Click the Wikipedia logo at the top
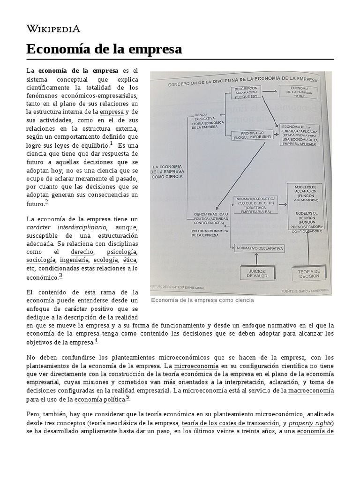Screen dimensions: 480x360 (53, 29)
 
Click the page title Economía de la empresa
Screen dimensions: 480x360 (104, 49)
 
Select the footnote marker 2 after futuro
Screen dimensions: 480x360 (46, 202)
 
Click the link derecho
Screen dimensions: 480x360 (82, 252)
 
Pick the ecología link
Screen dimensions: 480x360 (105, 260)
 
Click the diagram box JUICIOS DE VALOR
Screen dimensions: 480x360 (256, 273)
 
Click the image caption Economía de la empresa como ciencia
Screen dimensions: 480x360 (202, 300)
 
